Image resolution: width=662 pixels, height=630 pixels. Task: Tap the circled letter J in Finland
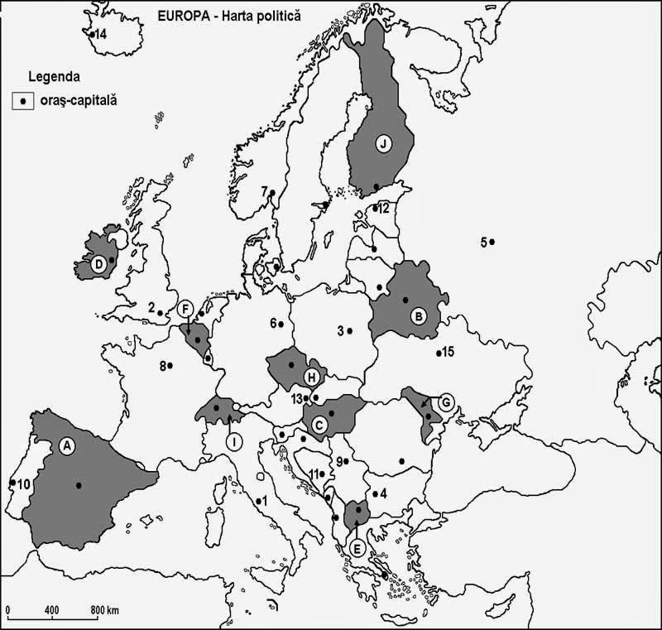pyautogui.click(x=383, y=143)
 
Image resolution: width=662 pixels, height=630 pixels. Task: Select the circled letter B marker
pyautogui.click(x=420, y=315)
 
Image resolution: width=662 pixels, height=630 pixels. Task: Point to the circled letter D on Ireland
pyautogui.click(x=98, y=265)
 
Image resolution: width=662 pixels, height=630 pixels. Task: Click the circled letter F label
pyautogui.click(x=186, y=309)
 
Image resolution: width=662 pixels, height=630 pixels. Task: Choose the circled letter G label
pyautogui.click(x=446, y=403)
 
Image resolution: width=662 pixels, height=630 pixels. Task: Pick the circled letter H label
pyautogui.click(x=312, y=378)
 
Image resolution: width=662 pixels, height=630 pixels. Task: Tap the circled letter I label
pyautogui.click(x=235, y=442)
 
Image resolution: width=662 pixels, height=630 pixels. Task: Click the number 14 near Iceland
pyautogui.click(x=100, y=35)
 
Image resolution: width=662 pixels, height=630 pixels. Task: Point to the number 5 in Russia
pyautogui.click(x=482, y=242)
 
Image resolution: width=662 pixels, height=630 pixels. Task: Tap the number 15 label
pyautogui.click(x=448, y=353)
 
